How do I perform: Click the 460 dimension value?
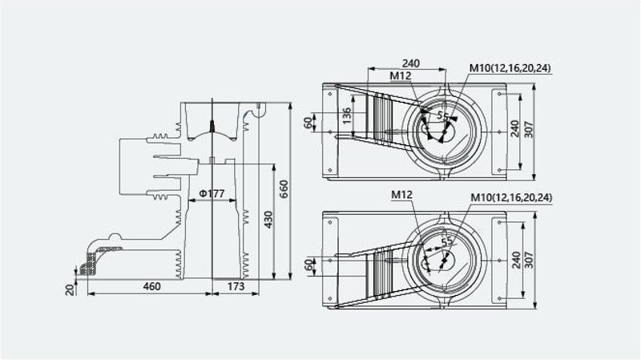tap(151, 286)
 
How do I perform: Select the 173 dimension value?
tap(236, 286)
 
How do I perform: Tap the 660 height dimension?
tap(284, 188)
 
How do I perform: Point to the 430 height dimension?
tap(268, 219)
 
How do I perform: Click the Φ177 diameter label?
tap(212, 193)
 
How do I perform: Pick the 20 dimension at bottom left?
tap(71, 289)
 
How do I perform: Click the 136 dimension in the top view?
tap(346, 115)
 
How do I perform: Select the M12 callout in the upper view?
tap(400, 75)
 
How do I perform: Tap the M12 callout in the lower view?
tap(402, 195)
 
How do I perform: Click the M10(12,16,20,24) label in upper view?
tap(510, 68)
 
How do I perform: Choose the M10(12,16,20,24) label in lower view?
tap(511, 197)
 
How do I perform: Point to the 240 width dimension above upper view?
tap(411, 63)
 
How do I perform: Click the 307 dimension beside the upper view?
tap(529, 129)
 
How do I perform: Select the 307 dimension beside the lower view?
tap(529, 260)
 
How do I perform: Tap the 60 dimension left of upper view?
tap(308, 122)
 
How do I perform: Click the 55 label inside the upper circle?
tap(443, 115)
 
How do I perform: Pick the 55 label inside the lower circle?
tap(447, 241)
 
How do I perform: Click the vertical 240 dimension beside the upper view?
tap(514, 128)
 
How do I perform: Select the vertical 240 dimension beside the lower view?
tap(516, 261)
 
